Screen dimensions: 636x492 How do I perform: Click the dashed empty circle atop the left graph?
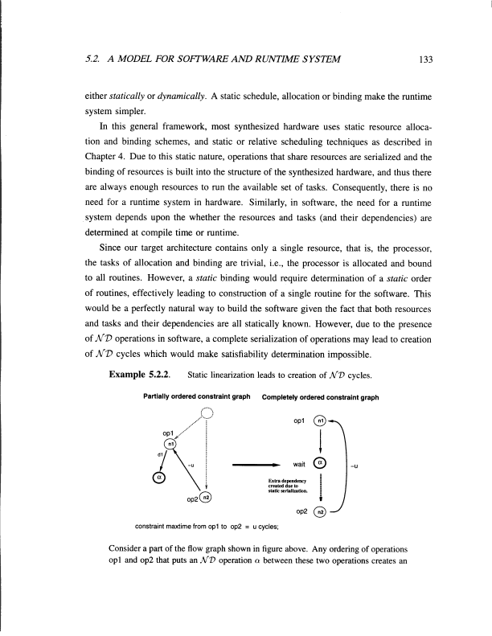[207, 414]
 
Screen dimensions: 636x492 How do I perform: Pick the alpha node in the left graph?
[158, 480]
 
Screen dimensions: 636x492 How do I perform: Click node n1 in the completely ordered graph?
[320, 422]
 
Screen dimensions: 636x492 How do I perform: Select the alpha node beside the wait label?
[320, 464]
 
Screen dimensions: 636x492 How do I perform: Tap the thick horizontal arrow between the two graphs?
[256, 465]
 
